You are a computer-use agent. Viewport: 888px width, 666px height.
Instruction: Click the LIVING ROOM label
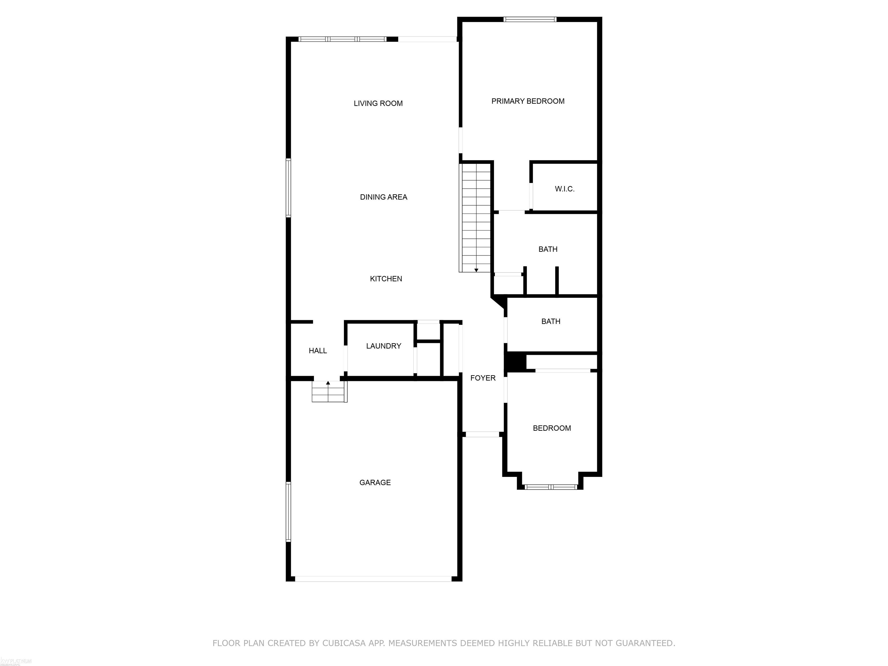point(378,103)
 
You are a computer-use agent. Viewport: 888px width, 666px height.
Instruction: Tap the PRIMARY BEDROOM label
point(528,101)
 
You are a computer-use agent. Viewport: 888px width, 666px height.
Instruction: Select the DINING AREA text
point(383,197)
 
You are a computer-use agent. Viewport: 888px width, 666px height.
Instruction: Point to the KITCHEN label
point(386,279)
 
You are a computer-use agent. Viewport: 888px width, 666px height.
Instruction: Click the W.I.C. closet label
point(565,189)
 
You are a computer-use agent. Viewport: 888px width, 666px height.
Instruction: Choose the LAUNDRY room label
point(383,346)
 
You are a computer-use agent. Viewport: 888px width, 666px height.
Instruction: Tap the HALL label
point(318,350)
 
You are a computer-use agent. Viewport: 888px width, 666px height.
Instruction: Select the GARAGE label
point(375,482)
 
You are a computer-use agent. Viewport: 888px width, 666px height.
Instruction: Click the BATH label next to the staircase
point(547,249)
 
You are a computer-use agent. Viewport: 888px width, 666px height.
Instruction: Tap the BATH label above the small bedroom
point(550,321)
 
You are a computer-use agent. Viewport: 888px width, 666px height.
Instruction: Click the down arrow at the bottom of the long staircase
point(476,270)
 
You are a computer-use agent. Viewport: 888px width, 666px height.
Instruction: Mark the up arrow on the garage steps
point(328,383)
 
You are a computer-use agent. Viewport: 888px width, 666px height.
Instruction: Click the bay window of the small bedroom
point(550,487)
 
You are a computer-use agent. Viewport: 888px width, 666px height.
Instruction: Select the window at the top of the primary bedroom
point(530,19)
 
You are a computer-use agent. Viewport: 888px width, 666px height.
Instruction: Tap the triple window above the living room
point(342,39)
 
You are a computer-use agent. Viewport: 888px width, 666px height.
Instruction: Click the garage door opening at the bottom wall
point(373,579)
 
